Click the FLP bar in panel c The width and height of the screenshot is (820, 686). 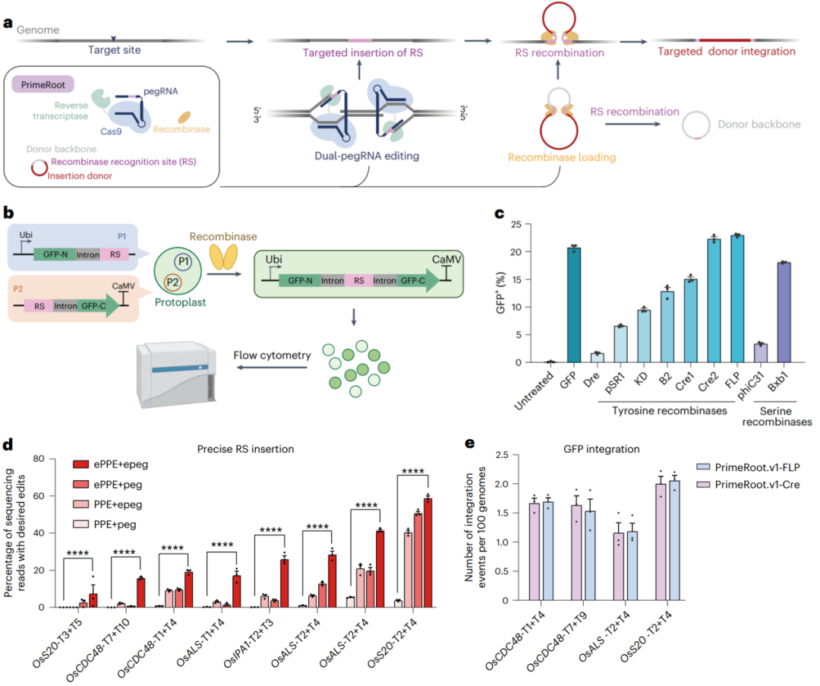736,299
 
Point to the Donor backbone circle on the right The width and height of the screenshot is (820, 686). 705,126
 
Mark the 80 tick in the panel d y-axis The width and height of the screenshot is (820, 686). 41,459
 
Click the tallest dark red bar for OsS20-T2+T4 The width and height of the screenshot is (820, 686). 428,554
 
